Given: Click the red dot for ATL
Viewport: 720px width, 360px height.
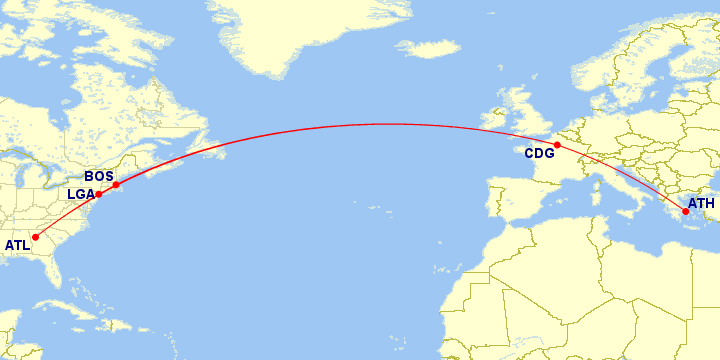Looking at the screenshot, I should (36, 238).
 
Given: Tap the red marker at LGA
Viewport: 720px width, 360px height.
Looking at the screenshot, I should (98, 194).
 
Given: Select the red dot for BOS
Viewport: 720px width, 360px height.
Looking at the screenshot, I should (116, 184).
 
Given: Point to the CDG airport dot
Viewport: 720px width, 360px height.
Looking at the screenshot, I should (557, 146).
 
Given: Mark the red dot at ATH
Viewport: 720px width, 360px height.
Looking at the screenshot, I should (685, 211).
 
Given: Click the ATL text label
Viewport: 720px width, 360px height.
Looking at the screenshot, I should (17, 245).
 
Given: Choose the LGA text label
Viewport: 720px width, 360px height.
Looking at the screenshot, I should (80, 194).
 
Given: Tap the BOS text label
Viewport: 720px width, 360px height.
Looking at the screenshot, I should (98, 176).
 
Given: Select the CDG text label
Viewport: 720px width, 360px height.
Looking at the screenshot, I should (539, 154).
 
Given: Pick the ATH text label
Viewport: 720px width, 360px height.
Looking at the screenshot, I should (701, 203).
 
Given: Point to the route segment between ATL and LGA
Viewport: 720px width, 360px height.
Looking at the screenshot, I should (66, 215).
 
